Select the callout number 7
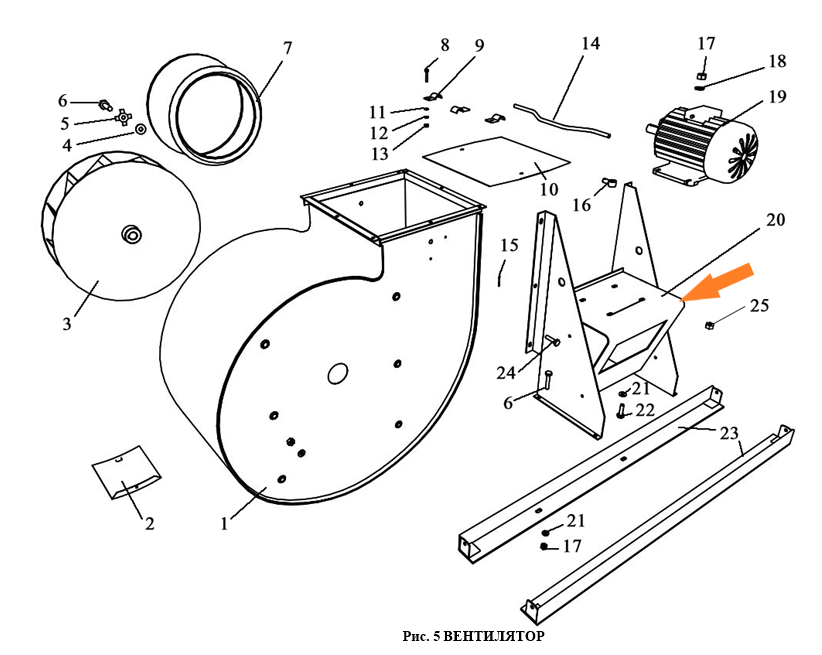[288, 47]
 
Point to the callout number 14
[590, 43]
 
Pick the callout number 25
[760, 305]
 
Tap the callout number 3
[67, 324]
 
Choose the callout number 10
[549, 188]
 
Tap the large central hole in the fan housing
[337, 373]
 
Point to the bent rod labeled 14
[560, 119]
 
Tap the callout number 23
[728, 433]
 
